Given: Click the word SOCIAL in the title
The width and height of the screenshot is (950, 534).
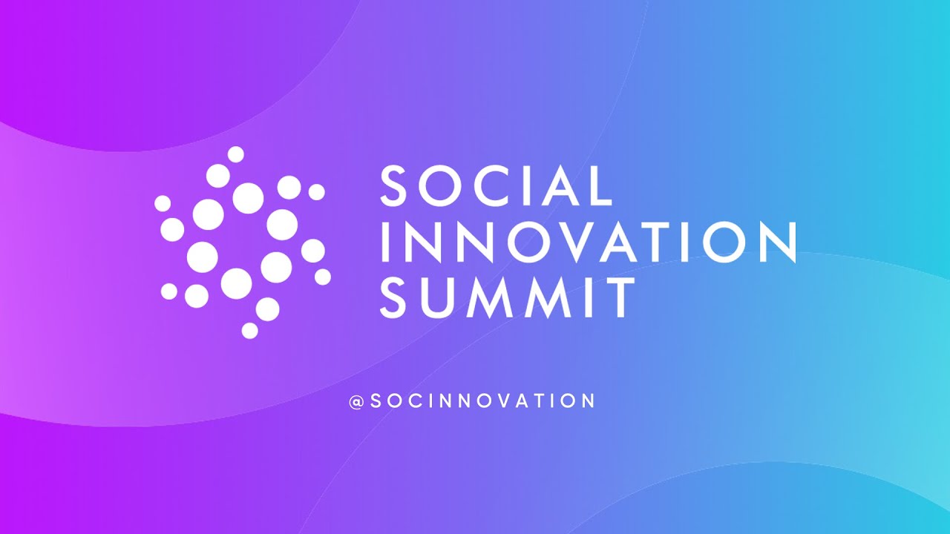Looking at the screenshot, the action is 497,185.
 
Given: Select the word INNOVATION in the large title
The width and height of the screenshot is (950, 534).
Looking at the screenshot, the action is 589,242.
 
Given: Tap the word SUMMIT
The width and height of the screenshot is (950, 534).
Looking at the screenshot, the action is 507,297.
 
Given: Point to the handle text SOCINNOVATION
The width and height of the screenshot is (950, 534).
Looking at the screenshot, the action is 482,400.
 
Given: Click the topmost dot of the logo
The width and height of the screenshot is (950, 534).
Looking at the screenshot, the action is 236,154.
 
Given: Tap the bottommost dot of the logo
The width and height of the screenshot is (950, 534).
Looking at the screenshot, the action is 250,331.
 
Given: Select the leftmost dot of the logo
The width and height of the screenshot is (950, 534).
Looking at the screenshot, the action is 163,203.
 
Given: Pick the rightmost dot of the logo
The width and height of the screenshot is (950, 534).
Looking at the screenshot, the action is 323,277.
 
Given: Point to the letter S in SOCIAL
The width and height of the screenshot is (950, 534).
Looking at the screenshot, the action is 393,185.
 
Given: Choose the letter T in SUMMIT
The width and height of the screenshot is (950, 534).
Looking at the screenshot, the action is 620,297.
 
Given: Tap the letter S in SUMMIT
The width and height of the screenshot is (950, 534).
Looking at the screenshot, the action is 393,297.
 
